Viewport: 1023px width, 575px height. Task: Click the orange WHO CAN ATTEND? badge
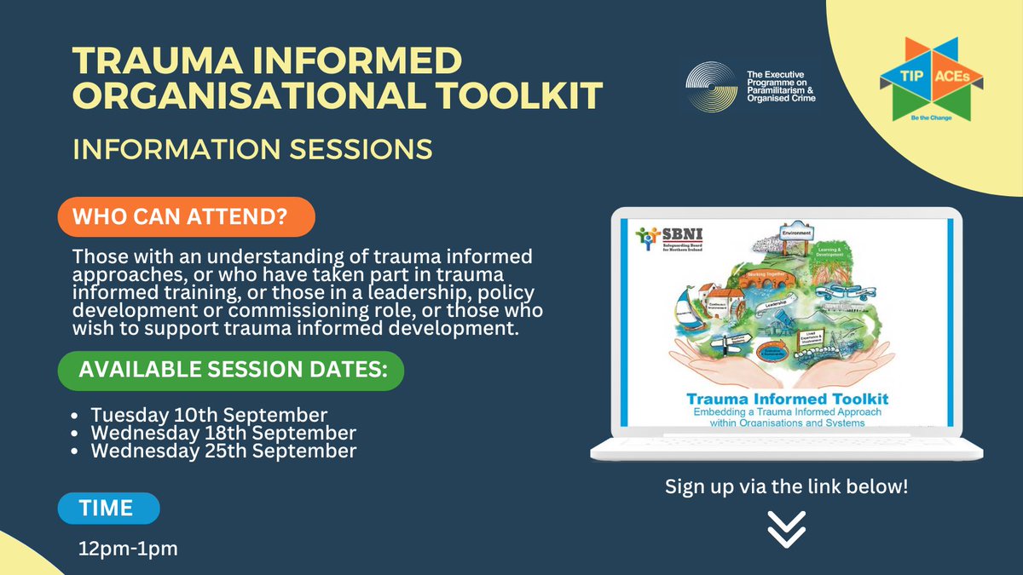[186, 217]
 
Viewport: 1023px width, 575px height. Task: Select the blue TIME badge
[107, 509]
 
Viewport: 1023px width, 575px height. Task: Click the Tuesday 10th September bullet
[209, 416]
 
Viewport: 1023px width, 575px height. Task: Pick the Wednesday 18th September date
[223, 434]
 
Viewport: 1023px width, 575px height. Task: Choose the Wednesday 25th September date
[223, 451]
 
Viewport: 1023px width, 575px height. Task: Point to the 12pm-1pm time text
[128, 549]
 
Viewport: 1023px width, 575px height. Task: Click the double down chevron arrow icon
[786, 530]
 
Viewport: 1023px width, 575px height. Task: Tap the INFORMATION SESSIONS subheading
[252, 148]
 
